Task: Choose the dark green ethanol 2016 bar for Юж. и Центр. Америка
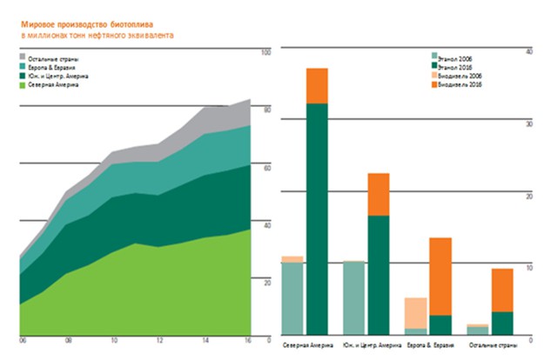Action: (x=379, y=275)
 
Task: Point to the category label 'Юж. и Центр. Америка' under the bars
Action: (x=367, y=345)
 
